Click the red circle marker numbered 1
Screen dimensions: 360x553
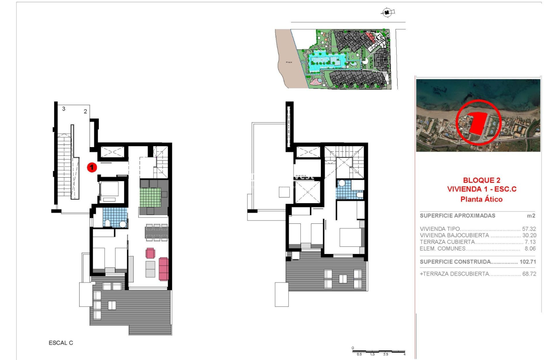92,168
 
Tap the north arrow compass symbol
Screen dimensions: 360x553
388,13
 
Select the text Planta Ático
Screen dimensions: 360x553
481,199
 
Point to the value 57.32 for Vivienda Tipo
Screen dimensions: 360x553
529,229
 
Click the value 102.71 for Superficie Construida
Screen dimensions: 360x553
527,262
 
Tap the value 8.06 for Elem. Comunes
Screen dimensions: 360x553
530,249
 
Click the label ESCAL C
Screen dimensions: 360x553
61,343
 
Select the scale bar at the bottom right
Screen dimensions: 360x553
379,351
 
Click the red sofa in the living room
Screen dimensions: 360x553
163,269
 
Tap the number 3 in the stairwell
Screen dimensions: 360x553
64,109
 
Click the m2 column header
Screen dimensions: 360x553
531,216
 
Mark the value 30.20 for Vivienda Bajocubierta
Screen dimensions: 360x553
529,236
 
